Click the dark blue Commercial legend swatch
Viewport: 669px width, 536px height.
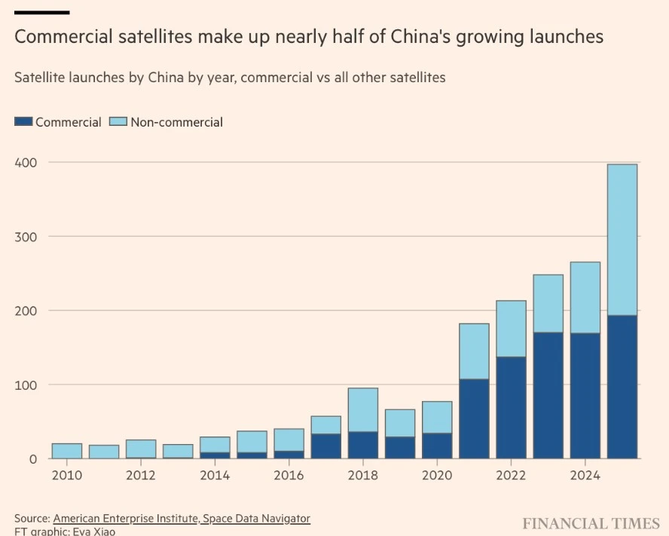point(23,121)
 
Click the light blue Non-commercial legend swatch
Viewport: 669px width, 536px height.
point(118,121)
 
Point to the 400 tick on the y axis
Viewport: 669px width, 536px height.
point(26,163)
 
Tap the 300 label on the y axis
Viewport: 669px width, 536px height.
point(26,237)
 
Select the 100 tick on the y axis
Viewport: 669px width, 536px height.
point(26,385)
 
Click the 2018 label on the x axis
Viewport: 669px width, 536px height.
point(362,476)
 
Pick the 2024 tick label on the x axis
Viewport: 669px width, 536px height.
point(585,476)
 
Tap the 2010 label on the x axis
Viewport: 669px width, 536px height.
point(67,476)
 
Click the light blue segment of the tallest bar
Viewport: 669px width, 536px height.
point(622,240)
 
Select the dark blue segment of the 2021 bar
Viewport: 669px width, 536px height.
point(474,419)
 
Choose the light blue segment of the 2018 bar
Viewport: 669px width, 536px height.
point(363,410)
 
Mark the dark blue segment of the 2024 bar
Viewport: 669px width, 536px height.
point(585,396)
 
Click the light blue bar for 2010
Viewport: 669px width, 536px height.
point(67,451)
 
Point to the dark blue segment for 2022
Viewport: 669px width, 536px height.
point(511,408)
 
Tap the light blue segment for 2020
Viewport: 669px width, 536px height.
point(437,418)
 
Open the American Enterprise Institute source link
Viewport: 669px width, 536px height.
point(125,519)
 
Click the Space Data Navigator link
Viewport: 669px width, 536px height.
point(256,519)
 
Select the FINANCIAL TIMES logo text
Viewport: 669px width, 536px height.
point(591,524)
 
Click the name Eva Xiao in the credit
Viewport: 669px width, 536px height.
point(94,531)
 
